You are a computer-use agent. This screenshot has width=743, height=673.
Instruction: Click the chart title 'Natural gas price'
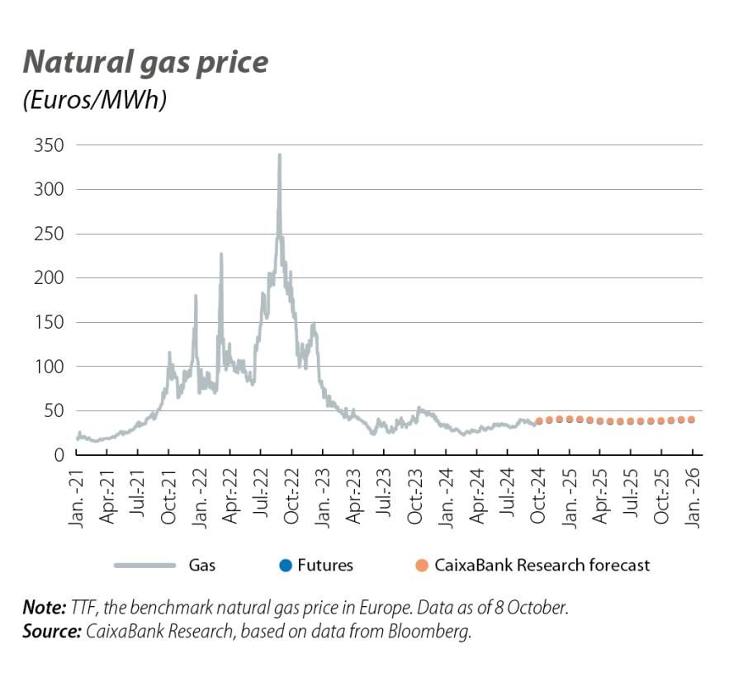[144, 62]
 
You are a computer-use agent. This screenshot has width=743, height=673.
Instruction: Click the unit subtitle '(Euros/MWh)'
[95, 99]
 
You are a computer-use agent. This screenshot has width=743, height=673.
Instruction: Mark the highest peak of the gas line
[279, 155]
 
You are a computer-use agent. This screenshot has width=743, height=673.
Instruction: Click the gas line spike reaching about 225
[220, 254]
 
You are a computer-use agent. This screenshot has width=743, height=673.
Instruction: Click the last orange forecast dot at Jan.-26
[691, 419]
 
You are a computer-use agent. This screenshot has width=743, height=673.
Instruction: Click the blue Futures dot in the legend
[286, 566]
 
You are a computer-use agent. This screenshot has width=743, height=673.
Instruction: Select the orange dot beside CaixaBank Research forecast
[423, 566]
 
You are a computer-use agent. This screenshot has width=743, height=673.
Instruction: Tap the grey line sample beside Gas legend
[145, 566]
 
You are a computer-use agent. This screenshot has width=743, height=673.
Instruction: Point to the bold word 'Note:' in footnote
[44, 609]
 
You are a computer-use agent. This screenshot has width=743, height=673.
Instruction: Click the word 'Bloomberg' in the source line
[442, 632]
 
